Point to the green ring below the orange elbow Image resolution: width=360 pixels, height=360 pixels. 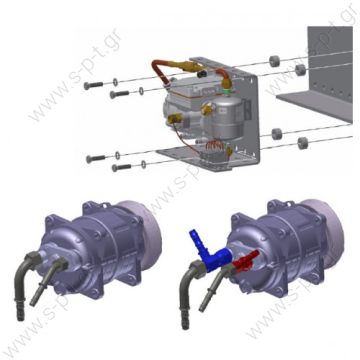click(x=227, y=87)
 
